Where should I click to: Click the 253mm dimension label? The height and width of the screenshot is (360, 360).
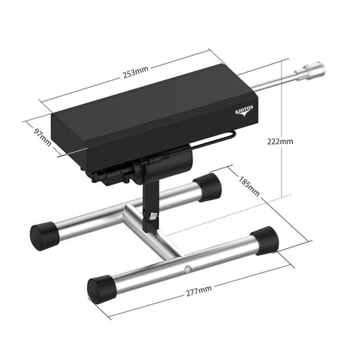[x=135, y=72]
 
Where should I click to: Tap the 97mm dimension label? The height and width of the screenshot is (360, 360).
[x=42, y=137]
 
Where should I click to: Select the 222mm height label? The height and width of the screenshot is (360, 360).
[x=280, y=142]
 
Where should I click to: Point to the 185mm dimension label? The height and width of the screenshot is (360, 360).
[x=249, y=186]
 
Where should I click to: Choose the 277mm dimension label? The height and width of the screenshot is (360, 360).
[x=199, y=290]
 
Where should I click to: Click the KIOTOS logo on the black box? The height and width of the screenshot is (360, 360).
[x=244, y=111]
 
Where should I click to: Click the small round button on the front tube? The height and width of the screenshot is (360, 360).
[x=187, y=268]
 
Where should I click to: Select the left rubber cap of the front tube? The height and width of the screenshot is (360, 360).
[x=102, y=289]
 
